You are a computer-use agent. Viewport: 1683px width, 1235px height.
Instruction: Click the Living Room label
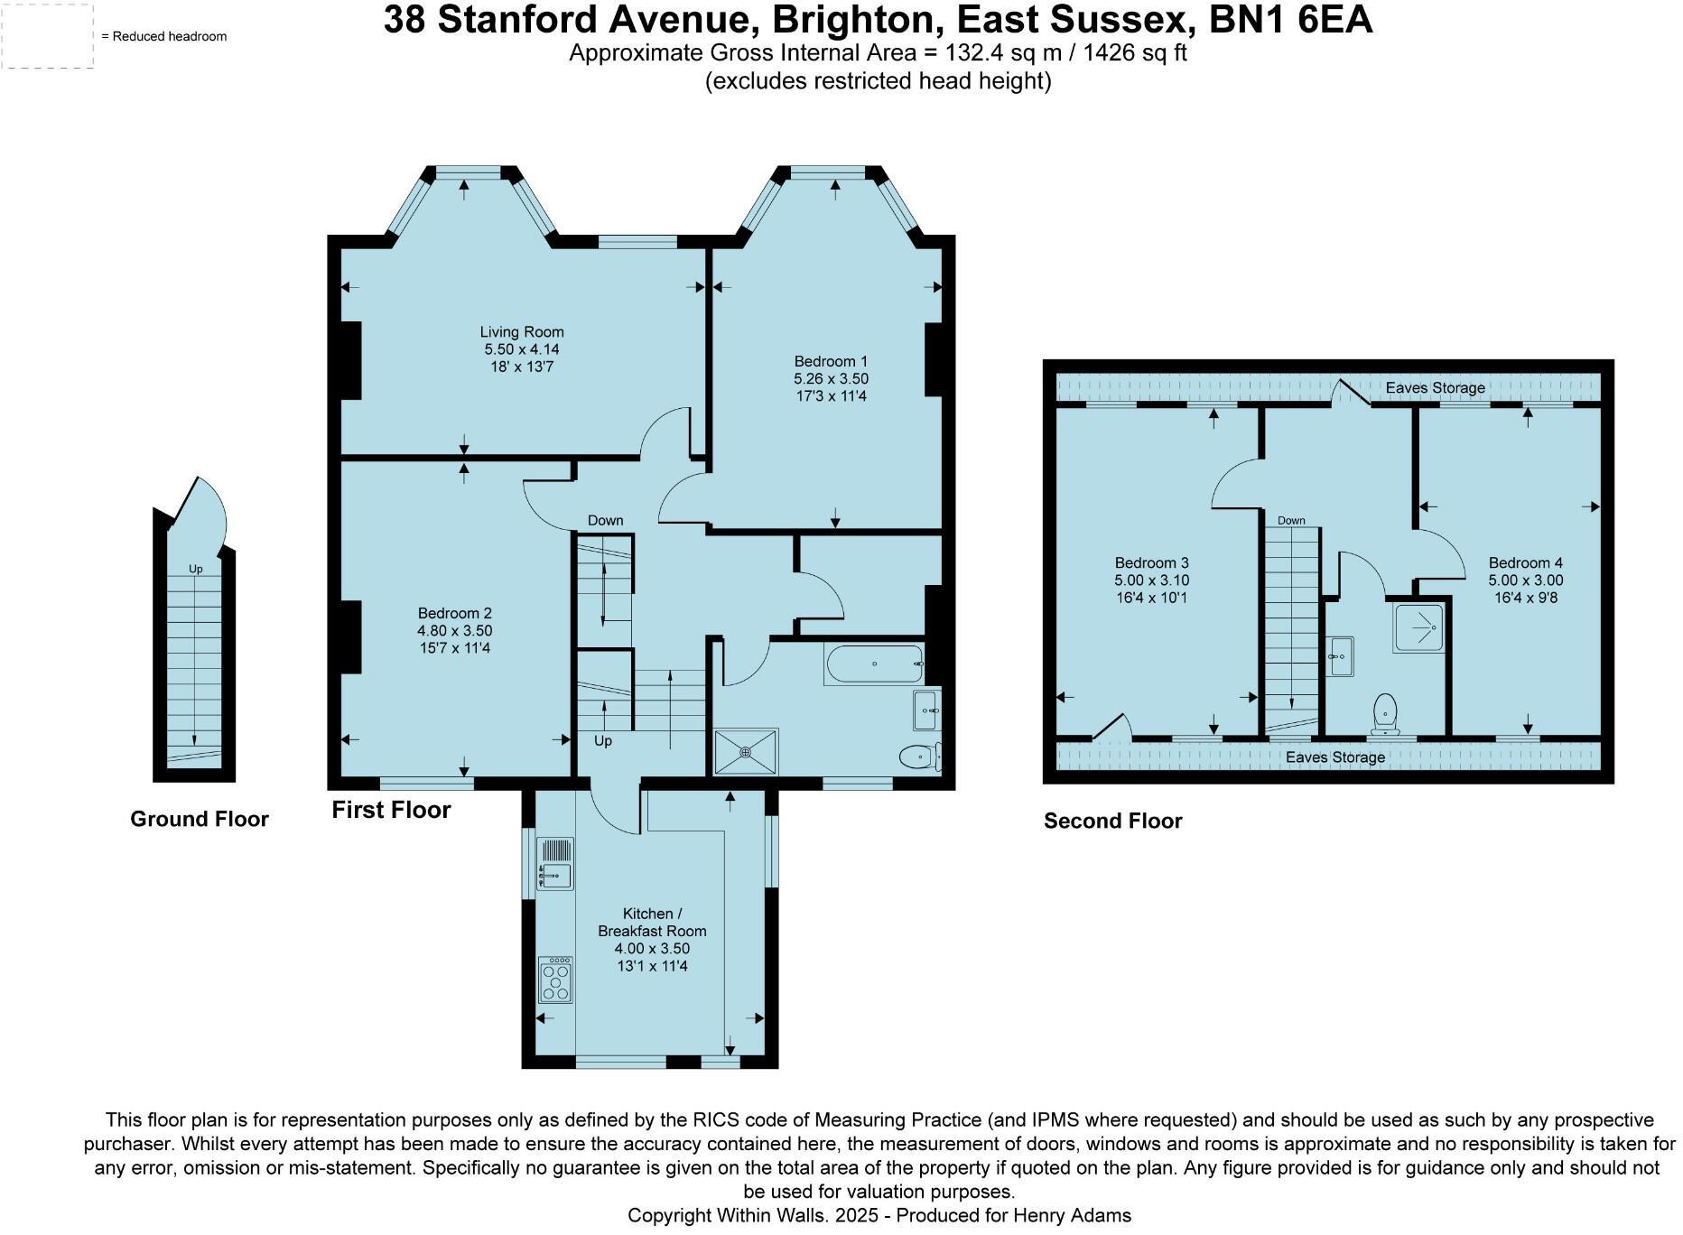coord(521,332)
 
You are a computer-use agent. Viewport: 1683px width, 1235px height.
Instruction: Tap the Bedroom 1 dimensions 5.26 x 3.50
coord(831,379)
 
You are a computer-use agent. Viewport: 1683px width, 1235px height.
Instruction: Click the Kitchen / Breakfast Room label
coord(651,923)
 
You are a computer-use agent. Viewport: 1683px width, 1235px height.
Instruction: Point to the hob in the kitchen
coord(555,980)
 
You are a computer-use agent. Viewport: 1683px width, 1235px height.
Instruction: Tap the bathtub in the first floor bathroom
coord(874,664)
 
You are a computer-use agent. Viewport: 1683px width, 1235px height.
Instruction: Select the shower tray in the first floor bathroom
coord(746,752)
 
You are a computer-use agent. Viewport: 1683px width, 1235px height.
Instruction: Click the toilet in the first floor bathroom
coord(919,756)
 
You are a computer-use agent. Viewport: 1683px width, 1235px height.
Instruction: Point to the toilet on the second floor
coord(1384,713)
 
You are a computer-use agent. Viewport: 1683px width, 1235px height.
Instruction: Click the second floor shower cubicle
coord(1418,627)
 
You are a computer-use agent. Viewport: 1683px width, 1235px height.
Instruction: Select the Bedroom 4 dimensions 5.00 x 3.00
coord(1526,580)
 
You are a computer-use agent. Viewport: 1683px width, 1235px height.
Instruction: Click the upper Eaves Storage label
coord(1435,388)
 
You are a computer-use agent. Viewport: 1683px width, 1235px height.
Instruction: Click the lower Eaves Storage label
coord(1334,757)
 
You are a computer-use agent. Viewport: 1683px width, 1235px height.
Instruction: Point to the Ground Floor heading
coord(200,819)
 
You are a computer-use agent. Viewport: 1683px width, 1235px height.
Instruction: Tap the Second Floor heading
coord(1112,821)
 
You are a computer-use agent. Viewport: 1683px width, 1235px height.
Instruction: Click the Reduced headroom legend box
coord(47,36)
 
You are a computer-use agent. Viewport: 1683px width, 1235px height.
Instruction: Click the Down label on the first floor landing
coord(605,520)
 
